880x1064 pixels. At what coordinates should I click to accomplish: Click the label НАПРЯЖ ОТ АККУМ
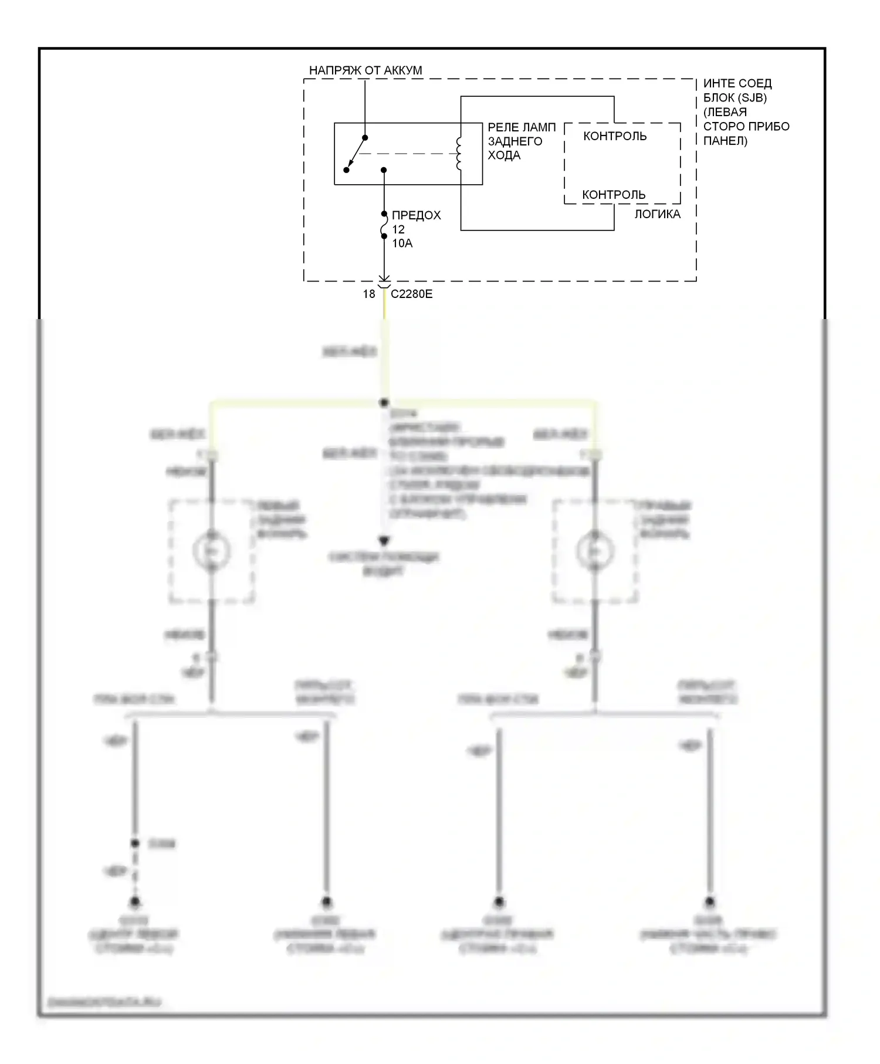365,70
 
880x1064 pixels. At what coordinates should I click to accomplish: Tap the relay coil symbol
459,154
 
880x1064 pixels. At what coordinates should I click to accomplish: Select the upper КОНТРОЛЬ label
615,136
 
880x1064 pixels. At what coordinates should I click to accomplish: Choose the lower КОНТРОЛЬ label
614,195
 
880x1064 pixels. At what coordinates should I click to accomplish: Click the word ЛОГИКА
657,215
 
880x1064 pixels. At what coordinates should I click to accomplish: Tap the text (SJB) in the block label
751,98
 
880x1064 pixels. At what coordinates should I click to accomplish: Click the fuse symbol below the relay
384,225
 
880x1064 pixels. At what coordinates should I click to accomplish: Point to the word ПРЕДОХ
417,215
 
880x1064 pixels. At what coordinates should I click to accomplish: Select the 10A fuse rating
402,243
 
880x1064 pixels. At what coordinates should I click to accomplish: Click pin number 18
369,294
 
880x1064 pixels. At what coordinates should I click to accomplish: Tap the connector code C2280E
412,294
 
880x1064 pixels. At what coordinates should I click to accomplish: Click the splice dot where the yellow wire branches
384,403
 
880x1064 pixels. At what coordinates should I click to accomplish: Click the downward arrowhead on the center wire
384,540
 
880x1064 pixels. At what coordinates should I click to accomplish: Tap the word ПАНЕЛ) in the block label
725,141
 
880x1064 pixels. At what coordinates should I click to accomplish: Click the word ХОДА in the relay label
504,155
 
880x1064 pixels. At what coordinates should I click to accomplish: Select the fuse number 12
398,229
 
